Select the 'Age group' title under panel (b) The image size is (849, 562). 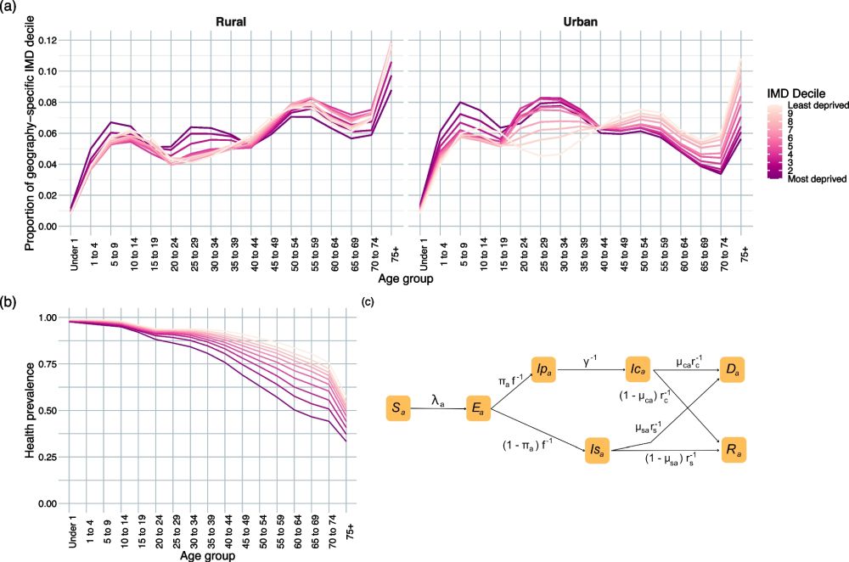(x=208, y=556)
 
